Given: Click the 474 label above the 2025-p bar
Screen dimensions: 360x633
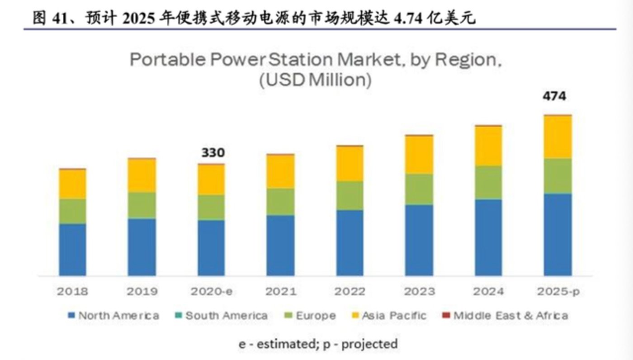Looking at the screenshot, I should tap(554, 96).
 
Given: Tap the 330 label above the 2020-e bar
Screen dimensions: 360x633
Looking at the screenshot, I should tap(213, 153).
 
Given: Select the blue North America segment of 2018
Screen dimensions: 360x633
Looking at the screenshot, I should tap(72, 250).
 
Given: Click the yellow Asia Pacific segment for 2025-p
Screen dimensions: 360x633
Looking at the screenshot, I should tap(557, 137).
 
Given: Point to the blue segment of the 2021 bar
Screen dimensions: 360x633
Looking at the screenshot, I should tap(280, 245).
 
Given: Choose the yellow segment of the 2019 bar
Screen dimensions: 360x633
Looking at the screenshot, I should tap(142, 175).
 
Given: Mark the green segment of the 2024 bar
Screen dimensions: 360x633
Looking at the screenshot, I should tap(488, 182).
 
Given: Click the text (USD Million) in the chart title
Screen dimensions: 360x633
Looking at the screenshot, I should tap(316, 80).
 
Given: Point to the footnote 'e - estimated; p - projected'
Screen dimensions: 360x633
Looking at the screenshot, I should tap(318, 344).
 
